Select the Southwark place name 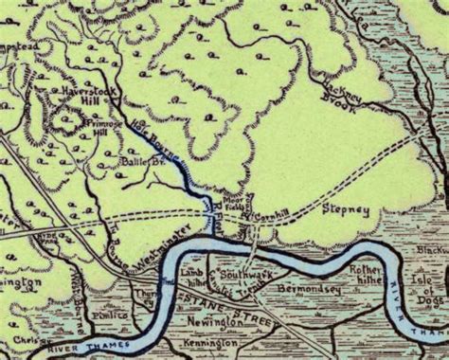tap(238, 275)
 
